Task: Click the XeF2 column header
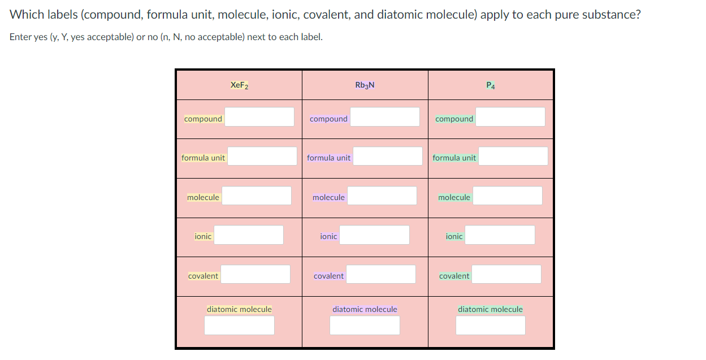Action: (239, 85)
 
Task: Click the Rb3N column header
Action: (365, 85)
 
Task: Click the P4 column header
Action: (491, 85)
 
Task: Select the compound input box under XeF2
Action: (259, 117)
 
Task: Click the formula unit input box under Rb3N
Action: (387, 156)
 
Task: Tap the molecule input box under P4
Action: (507, 196)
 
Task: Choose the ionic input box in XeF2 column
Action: (249, 235)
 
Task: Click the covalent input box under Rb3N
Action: (381, 274)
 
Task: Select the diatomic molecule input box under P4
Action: (490, 325)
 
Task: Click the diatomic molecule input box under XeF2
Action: (239, 325)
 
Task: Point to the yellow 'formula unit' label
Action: (203, 158)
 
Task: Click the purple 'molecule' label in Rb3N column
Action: (328, 197)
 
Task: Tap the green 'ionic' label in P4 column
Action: (454, 236)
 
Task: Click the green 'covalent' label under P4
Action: (454, 276)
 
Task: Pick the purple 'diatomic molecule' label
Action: (365, 309)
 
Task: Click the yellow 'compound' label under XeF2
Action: (203, 119)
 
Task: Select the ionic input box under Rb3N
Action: (374, 235)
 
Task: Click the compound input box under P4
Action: (510, 117)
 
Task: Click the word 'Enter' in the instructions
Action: (21, 37)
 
